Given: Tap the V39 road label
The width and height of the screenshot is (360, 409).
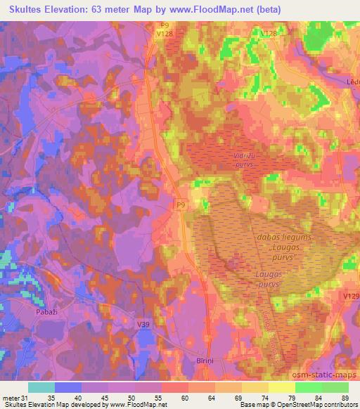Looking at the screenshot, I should [x=145, y=323].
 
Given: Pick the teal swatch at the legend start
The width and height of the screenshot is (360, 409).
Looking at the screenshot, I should [x=41, y=387].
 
